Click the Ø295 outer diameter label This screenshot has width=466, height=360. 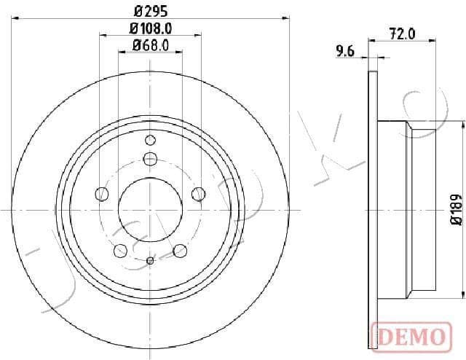coord(150,11)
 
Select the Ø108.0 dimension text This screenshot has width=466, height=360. coord(150,30)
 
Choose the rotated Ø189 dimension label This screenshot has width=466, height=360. coord(456,209)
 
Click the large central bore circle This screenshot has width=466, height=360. coord(150,209)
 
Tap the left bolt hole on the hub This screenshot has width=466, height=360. coord(102,193)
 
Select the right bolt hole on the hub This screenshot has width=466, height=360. coord(198,193)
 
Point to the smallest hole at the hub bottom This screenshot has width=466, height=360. coord(150,260)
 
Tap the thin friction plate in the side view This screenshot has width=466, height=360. coord(374,209)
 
